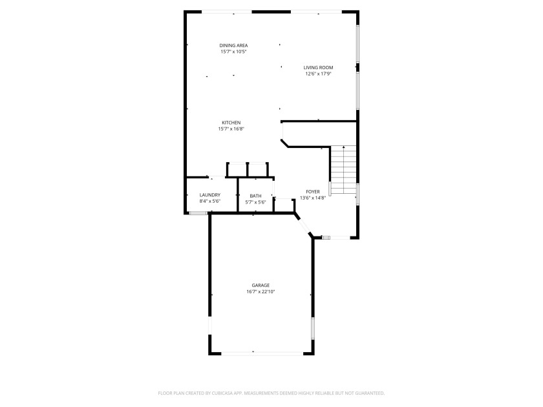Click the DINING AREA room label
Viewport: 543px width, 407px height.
coord(233,45)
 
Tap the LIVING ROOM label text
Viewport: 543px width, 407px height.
coord(318,67)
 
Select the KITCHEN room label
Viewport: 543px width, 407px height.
coord(231,123)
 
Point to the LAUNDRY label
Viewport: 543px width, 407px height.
coord(210,195)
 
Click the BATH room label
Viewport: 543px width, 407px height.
coord(255,196)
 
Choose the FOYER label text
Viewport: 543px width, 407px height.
coord(313,192)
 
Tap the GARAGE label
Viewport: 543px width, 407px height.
coord(261,285)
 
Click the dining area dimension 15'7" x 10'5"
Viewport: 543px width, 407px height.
coord(233,52)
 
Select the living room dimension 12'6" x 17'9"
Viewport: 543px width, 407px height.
coord(318,74)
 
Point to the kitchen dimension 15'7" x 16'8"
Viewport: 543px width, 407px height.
coord(231,129)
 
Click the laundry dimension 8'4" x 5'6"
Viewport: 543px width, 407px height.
coord(210,201)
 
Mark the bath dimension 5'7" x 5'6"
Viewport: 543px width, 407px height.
coord(255,202)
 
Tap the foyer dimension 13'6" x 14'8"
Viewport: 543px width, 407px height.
coord(313,198)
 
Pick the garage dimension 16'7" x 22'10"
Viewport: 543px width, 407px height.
coord(261,291)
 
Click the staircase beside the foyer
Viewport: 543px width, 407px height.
coord(343,170)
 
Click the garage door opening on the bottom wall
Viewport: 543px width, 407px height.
coord(262,353)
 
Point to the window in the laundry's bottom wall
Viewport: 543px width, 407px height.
coord(198,213)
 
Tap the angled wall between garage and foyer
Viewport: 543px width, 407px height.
coord(303,225)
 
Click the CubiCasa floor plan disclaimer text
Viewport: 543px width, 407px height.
coord(271,393)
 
